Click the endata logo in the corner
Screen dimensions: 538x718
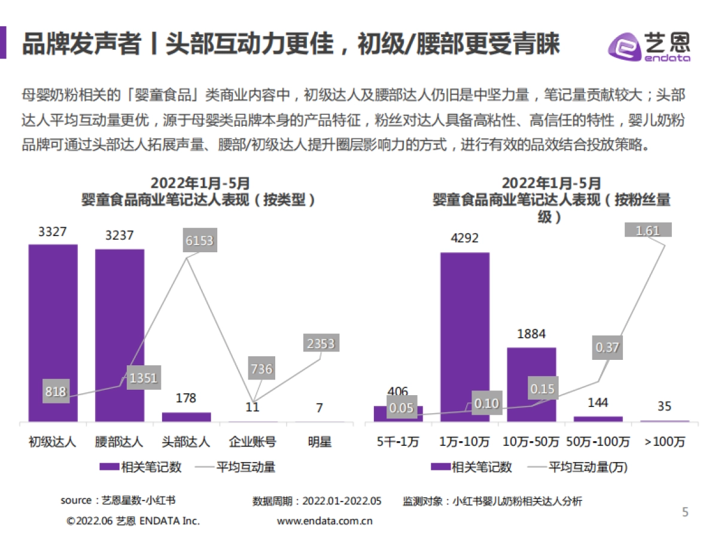point(649,47)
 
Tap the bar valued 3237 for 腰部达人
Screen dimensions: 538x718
point(120,335)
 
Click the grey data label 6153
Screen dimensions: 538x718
point(199,241)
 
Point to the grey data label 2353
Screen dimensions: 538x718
point(320,344)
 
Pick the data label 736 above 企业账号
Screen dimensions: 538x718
point(261,369)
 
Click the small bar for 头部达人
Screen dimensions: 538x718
point(187,417)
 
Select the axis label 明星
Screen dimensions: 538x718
point(320,442)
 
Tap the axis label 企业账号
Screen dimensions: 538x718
point(253,442)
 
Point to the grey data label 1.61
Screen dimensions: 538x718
point(648,230)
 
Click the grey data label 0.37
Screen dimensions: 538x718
point(607,347)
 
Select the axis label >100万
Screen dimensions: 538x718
point(665,442)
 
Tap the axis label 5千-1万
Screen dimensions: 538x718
point(398,442)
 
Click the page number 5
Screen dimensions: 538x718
point(686,512)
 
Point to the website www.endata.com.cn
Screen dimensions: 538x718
point(325,521)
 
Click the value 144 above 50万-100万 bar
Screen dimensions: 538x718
point(598,402)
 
